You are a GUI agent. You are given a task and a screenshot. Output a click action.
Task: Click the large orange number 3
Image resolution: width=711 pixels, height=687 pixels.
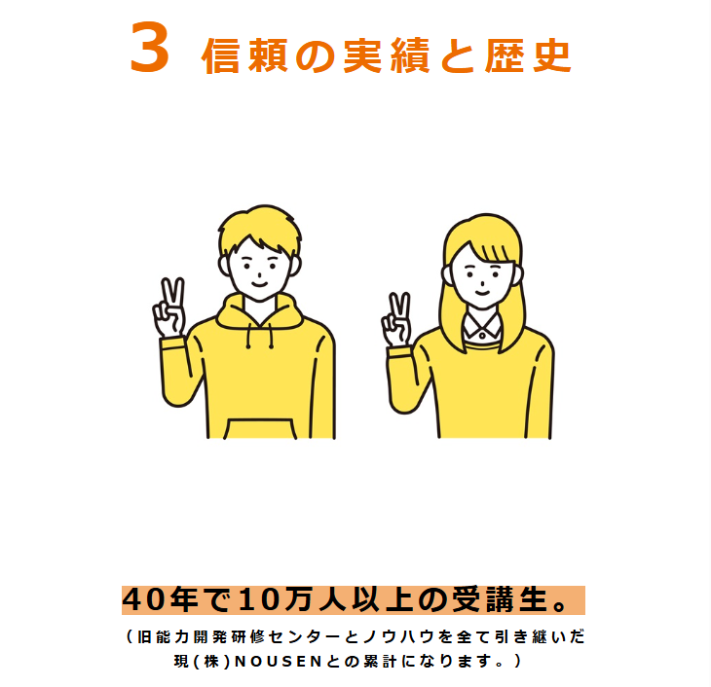pos(150,47)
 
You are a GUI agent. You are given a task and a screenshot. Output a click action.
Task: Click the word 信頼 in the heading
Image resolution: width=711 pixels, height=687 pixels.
pos(244,55)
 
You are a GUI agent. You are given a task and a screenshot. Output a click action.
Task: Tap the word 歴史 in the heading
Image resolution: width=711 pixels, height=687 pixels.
pos(528,55)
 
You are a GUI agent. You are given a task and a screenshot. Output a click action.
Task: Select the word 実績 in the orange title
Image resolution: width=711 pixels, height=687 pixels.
pos(387,55)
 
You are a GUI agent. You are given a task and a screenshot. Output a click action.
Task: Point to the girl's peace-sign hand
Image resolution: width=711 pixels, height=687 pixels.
pos(397,319)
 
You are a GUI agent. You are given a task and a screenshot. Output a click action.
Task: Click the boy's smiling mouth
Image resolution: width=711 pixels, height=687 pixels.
pos(259,284)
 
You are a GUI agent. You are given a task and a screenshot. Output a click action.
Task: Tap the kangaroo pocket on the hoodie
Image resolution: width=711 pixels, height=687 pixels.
pos(260,429)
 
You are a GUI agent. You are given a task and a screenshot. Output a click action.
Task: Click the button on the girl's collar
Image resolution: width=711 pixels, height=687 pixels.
pos(482,336)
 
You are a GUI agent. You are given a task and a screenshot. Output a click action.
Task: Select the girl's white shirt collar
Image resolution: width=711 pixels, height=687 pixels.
pos(482,326)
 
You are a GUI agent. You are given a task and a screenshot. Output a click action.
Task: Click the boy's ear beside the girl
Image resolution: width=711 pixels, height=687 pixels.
pos(295,266)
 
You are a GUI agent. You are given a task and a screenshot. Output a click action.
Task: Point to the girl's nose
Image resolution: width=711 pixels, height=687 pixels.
pos(483,284)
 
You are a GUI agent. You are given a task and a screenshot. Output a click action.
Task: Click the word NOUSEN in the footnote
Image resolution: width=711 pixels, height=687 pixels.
pos(279,661)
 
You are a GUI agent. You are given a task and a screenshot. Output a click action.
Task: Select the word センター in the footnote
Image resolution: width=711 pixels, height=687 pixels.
pos(304,636)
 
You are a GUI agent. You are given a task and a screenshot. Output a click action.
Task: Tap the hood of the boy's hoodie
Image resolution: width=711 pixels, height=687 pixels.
pos(259,311)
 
